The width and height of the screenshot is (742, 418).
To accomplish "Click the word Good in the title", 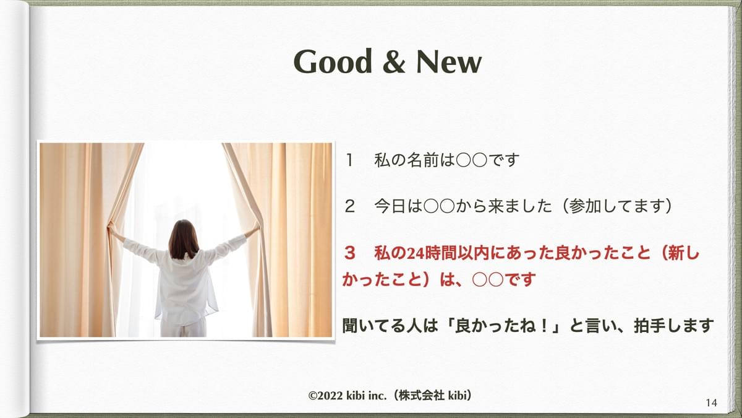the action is point(332,61).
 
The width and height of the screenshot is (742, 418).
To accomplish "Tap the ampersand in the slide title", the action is point(394,61).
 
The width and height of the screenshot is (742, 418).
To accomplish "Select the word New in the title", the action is point(449,61).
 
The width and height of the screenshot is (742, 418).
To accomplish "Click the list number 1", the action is point(349,160).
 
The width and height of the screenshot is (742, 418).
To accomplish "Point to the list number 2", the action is point(349,207).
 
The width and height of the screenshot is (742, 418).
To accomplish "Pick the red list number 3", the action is point(350,253).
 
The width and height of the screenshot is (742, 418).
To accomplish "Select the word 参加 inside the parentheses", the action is point(585,206).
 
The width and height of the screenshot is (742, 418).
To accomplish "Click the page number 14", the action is point(712,403).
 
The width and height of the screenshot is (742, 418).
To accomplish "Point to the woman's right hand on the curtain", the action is point(256,227).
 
